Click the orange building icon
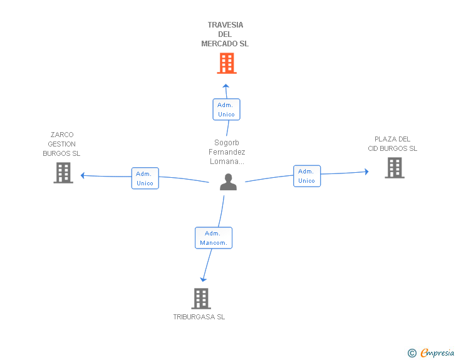click(x=227, y=63)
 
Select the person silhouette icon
click(x=228, y=182)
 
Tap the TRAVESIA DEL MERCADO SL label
click(x=225, y=34)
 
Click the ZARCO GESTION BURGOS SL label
click(x=61, y=144)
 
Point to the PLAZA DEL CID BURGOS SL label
click(x=392, y=143)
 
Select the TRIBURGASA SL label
click(x=199, y=317)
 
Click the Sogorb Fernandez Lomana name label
click(x=227, y=152)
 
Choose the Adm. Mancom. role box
click(x=214, y=238)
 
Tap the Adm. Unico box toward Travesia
click(x=226, y=110)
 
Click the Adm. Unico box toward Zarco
click(x=145, y=178)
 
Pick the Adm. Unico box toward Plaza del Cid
click(x=307, y=176)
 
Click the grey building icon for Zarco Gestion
click(x=63, y=173)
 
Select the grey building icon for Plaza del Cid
click(x=395, y=168)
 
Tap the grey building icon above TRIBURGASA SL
click(x=201, y=299)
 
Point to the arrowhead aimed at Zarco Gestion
click(x=83, y=175)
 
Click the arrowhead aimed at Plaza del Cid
click(x=366, y=172)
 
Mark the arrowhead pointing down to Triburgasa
click(x=203, y=279)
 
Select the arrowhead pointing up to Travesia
click(x=225, y=86)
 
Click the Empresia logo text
click(x=437, y=353)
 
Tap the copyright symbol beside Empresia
click(x=412, y=353)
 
